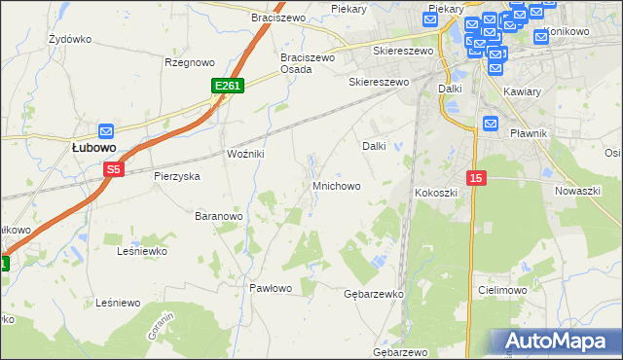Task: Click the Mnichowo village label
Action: (337, 185)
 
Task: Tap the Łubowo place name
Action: (93, 148)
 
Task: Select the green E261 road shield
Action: (227, 87)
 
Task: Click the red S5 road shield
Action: (114, 169)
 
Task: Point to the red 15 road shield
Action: (475, 178)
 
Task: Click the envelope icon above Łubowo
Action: (106, 130)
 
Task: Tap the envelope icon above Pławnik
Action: (491, 124)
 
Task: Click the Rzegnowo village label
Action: (189, 62)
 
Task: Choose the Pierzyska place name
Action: (176, 177)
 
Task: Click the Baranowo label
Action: (218, 215)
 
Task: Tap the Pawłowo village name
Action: (271, 288)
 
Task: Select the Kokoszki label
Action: (436, 193)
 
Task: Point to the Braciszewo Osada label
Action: (308, 63)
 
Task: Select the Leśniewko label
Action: (142, 251)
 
